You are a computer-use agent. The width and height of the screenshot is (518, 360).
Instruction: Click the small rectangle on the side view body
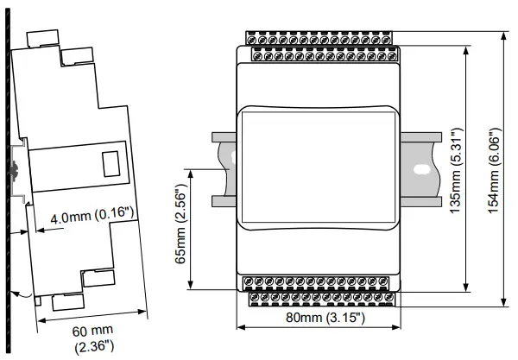tap(111, 163)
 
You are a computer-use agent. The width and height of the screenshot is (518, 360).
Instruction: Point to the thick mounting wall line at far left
tap(6, 173)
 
